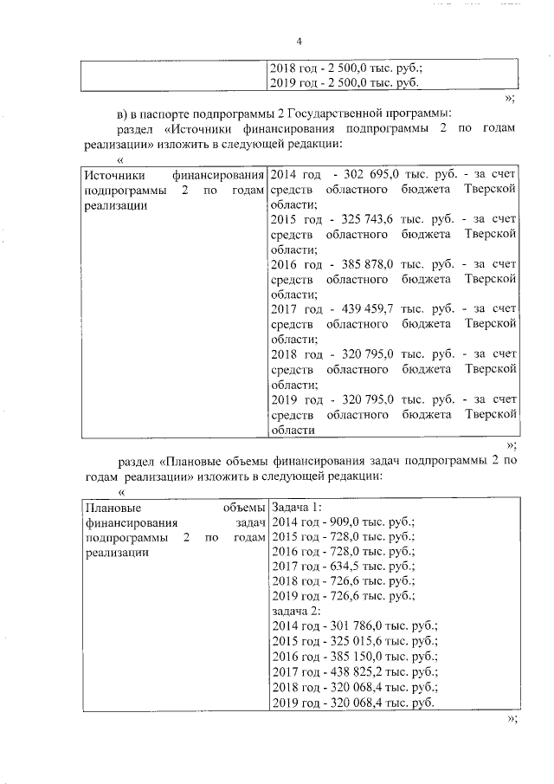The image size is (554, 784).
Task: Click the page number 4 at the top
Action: coord(299,42)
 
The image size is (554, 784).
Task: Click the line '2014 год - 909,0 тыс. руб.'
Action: coord(344,522)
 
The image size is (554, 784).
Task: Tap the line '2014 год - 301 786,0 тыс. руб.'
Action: coord(354,626)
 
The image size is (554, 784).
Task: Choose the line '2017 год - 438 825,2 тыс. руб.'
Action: coord(354,671)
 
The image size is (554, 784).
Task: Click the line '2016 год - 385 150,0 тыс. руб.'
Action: coord(354,657)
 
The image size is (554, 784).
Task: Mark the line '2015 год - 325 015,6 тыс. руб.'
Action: coord(354,642)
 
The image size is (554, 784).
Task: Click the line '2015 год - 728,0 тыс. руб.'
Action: coord(344,537)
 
